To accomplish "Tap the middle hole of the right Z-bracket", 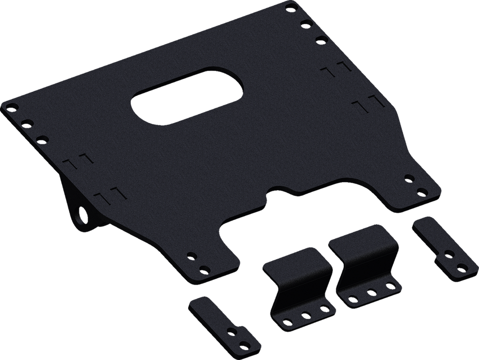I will (x=371, y=290).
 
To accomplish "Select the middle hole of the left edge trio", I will (x=28, y=122).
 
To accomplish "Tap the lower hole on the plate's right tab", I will (x=425, y=191).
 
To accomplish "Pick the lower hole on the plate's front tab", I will (x=203, y=269).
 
